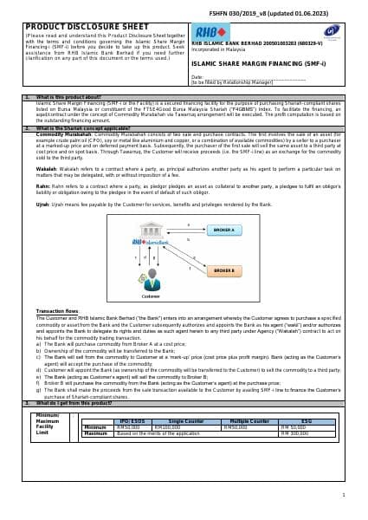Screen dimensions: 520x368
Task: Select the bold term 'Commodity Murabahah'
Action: point(63,134)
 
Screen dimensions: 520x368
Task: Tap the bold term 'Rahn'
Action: point(42,185)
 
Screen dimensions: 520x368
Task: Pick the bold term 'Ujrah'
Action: point(43,205)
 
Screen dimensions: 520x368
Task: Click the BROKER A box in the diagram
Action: point(223,230)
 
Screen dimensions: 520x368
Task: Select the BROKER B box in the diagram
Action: point(223,270)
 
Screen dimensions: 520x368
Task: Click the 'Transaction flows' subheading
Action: point(57,310)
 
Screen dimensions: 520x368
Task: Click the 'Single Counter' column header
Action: point(185,420)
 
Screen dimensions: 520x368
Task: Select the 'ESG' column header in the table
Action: point(306,420)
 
